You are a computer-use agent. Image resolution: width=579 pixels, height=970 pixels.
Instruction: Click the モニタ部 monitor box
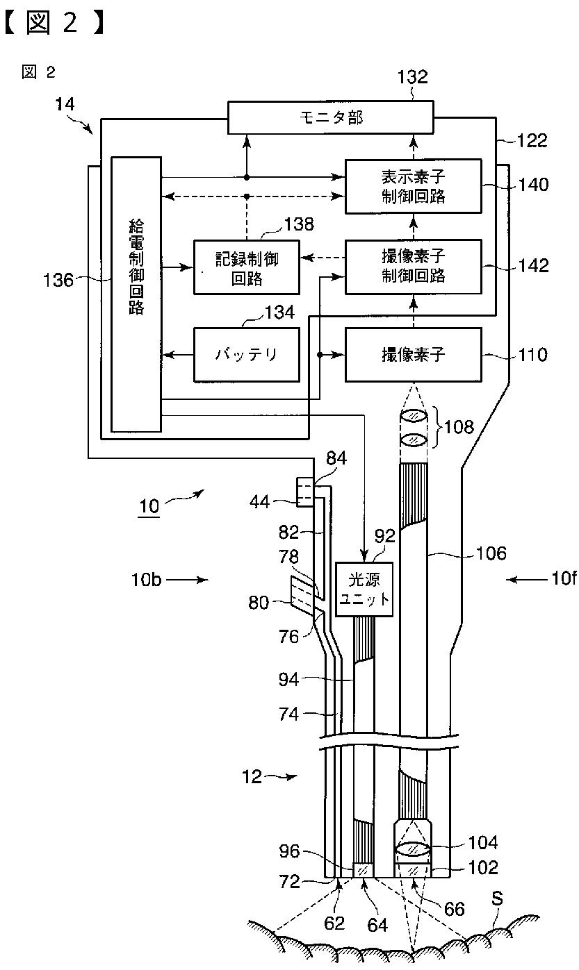331,117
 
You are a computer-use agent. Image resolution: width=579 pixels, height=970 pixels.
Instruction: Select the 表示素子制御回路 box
413,186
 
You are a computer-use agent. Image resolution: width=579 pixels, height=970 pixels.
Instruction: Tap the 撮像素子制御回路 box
413,267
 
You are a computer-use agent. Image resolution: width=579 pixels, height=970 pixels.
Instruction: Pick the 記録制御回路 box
247,267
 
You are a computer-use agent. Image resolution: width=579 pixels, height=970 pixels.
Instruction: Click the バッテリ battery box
247,355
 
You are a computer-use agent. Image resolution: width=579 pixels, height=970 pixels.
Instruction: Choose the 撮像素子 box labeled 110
413,355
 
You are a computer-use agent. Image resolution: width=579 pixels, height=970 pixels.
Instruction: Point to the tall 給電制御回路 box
136,294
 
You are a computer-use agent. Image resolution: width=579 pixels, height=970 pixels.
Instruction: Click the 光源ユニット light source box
364,589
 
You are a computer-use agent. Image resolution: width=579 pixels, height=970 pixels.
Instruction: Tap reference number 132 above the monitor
413,77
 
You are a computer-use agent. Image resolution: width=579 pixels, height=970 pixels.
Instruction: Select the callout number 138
299,224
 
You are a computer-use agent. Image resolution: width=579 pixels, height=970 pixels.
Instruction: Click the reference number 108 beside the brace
459,428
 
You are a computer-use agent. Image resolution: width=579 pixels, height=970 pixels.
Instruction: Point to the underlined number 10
149,505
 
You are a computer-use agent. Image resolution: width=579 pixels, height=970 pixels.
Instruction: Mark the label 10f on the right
564,578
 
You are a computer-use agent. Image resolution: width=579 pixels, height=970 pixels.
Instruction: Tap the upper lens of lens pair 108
414,417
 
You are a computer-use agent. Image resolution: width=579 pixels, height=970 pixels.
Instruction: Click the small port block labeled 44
305,492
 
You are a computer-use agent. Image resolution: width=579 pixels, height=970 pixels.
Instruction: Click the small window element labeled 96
363,870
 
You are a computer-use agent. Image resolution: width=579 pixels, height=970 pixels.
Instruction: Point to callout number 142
534,266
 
